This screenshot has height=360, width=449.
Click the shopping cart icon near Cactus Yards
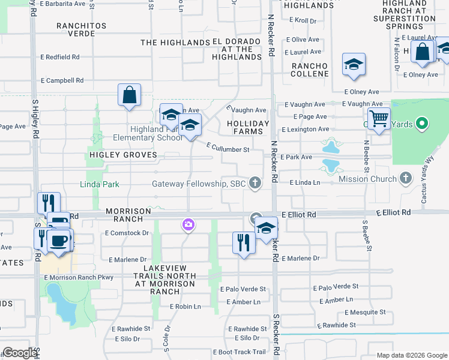click(379, 119)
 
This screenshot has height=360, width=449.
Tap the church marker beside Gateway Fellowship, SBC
click(255, 183)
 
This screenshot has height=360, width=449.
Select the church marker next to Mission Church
click(406, 178)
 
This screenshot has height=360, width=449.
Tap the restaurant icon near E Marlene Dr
click(243, 243)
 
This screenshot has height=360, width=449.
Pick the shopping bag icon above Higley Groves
click(129, 95)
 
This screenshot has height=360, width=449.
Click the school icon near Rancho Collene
click(354, 65)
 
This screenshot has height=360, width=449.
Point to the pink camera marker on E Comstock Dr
click(188, 225)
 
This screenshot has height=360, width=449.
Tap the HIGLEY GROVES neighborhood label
click(123, 155)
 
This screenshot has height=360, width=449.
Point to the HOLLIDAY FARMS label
click(245, 127)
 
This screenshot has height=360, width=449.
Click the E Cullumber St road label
click(228, 147)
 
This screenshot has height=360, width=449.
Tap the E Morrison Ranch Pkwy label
click(79, 277)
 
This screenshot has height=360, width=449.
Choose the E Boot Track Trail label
click(243, 352)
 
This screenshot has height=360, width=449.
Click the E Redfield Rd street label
click(60, 57)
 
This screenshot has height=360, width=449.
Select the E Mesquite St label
click(365, 312)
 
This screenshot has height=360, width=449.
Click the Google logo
click(20, 353)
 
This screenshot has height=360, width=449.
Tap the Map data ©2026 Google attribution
click(411, 355)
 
